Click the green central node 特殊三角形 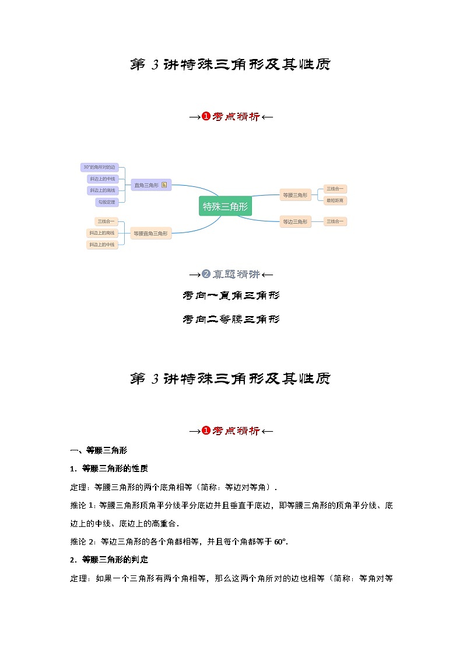click(x=225, y=206)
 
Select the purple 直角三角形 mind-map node click(x=146, y=185)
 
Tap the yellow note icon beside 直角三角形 click(x=164, y=185)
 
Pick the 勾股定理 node click(x=107, y=202)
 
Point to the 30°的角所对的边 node click(x=99, y=167)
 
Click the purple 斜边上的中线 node click(x=102, y=179)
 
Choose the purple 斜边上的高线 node click(x=102, y=190)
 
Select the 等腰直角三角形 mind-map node click(x=150, y=233)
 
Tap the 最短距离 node click(x=335, y=200)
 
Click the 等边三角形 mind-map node click(x=294, y=221)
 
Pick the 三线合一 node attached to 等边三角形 click(x=335, y=221)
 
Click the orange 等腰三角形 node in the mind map click(x=294, y=195)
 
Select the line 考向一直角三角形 click(x=231, y=296)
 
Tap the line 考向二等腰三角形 click(x=231, y=319)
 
